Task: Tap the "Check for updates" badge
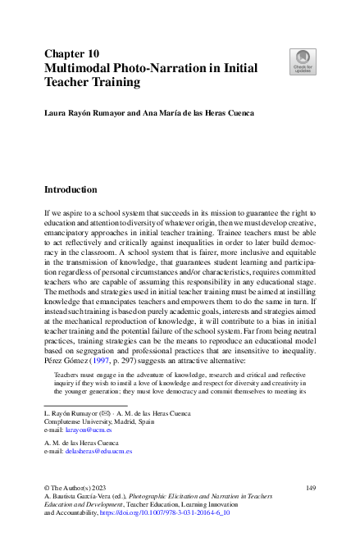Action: [301, 62]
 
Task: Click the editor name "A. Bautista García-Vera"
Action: [80, 497]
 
